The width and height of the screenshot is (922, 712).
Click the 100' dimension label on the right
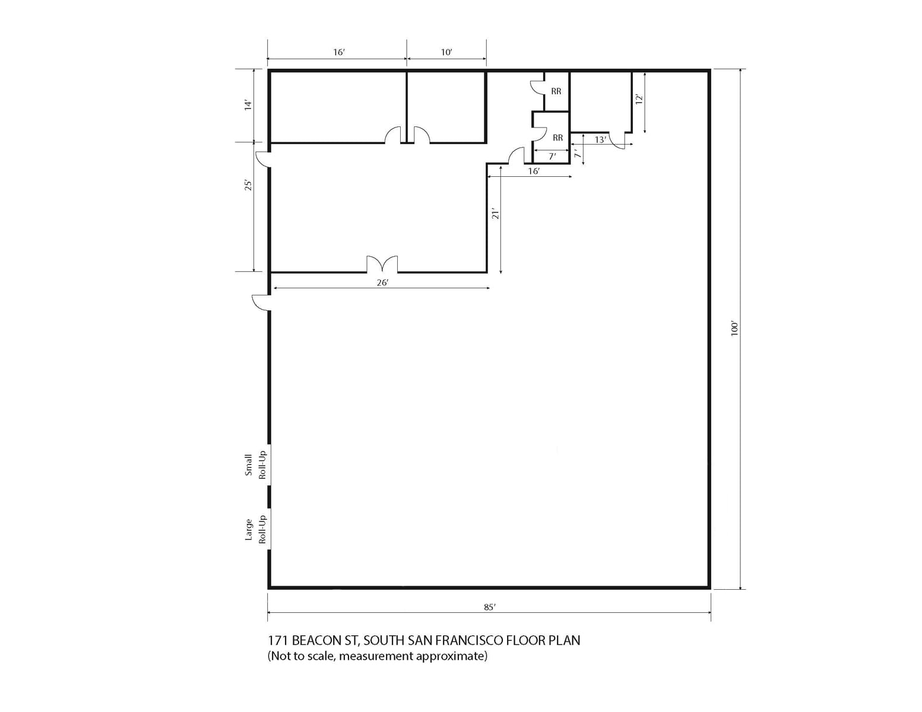click(x=734, y=329)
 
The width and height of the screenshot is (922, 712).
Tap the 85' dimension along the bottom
click(x=489, y=607)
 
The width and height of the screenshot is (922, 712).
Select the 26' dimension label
click(x=382, y=282)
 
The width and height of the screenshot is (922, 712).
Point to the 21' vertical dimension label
click(x=495, y=214)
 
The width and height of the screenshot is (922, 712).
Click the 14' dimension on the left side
click(x=248, y=105)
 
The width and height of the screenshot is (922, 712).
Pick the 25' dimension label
click(x=248, y=185)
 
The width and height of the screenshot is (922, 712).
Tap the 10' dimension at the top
click(x=446, y=52)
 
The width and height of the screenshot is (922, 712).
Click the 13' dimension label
click(x=600, y=140)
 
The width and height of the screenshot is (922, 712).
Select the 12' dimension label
click(x=639, y=100)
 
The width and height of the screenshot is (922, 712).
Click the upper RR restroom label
click(x=556, y=91)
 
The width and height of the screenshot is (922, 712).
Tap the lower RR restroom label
click(x=557, y=138)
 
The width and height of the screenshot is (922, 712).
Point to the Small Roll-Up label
click(x=255, y=465)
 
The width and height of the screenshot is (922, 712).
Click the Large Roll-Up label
click(x=255, y=529)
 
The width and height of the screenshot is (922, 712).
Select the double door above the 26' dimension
click(x=382, y=264)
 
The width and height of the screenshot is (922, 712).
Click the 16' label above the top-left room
click(x=338, y=52)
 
